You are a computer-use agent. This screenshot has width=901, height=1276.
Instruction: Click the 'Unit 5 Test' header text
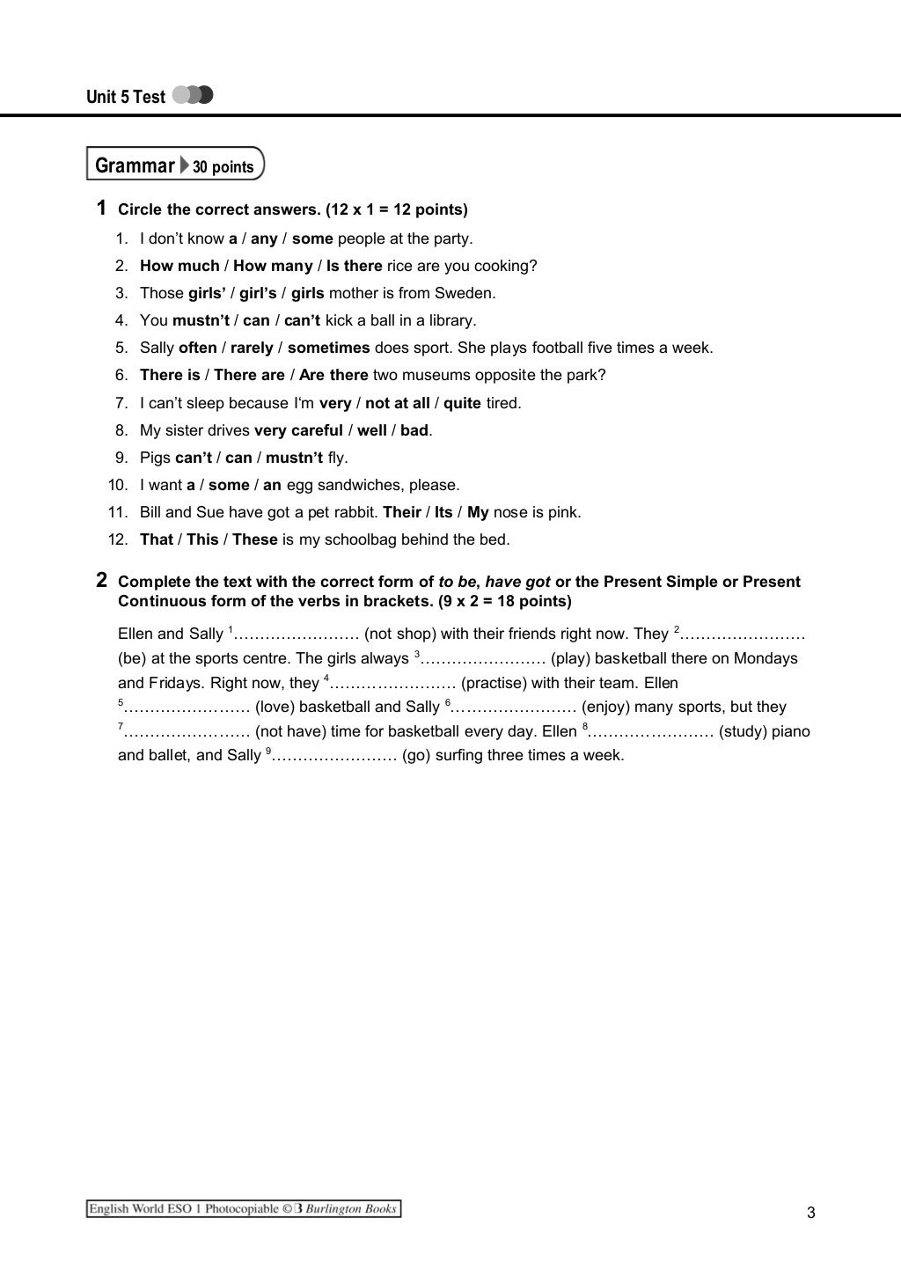[x=125, y=97]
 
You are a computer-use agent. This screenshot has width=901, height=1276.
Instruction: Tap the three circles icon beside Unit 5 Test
[x=194, y=95]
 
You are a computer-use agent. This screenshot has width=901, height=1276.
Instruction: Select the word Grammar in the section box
[x=135, y=165]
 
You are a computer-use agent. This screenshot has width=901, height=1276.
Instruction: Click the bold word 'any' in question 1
[x=264, y=238]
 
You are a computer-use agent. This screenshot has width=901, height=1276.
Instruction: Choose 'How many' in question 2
[x=273, y=266]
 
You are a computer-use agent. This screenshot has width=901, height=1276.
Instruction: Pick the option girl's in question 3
[x=258, y=293]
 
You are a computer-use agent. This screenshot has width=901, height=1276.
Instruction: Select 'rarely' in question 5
[x=251, y=348]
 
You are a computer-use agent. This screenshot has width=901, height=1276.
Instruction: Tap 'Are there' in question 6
[x=333, y=375]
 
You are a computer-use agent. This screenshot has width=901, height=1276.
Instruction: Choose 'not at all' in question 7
[x=397, y=403]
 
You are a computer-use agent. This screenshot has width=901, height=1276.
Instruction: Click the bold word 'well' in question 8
[x=372, y=430]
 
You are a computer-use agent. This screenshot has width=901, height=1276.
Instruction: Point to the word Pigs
[x=156, y=458]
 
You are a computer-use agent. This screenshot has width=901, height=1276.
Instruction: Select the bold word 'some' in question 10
[x=229, y=485]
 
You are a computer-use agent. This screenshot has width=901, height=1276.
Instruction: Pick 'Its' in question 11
[x=443, y=512]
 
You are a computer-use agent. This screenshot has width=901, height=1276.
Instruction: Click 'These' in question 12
[x=255, y=539]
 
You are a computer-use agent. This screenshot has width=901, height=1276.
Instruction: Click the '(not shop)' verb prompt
[x=400, y=634]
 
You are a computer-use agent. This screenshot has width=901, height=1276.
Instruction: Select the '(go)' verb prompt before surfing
[x=416, y=755]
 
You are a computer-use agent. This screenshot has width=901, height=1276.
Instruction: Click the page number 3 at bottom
[x=810, y=1213]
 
